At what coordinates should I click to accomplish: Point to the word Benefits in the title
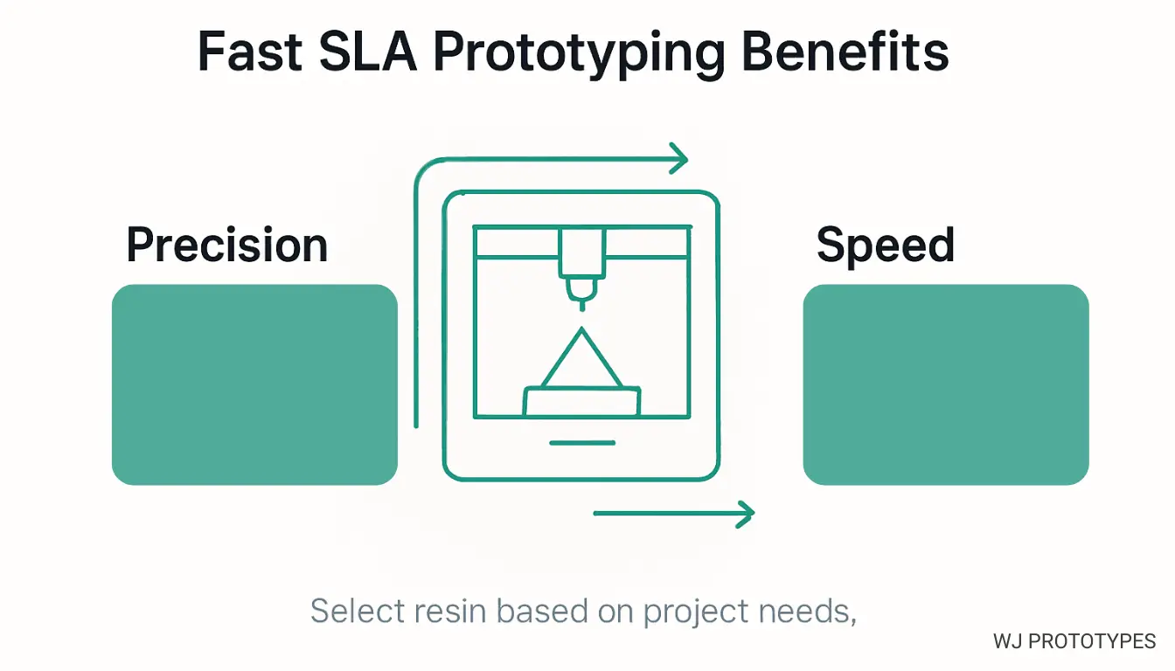(x=845, y=52)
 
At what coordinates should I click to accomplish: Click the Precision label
(x=227, y=245)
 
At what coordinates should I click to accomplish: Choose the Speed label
(x=885, y=246)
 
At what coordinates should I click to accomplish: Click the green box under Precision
(x=254, y=384)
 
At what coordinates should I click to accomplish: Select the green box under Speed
(x=946, y=384)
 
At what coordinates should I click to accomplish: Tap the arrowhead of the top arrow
(x=678, y=159)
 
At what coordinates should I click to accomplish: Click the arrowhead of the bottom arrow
(x=744, y=514)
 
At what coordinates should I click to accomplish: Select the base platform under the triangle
(x=581, y=401)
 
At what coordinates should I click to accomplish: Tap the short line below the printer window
(x=581, y=442)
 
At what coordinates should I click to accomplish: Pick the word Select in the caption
(x=353, y=611)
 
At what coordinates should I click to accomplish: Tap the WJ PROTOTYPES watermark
(x=1074, y=641)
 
